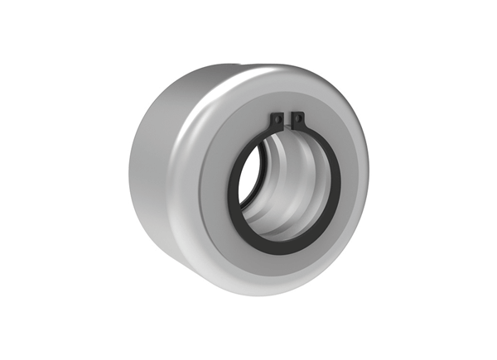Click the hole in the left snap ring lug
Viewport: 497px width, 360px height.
tap(277, 118)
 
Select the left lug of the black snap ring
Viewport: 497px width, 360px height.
tap(277, 121)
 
